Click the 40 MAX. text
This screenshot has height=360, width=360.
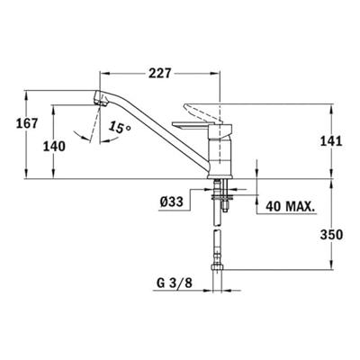click(291, 206)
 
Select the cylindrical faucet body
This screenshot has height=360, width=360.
click(220, 153)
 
